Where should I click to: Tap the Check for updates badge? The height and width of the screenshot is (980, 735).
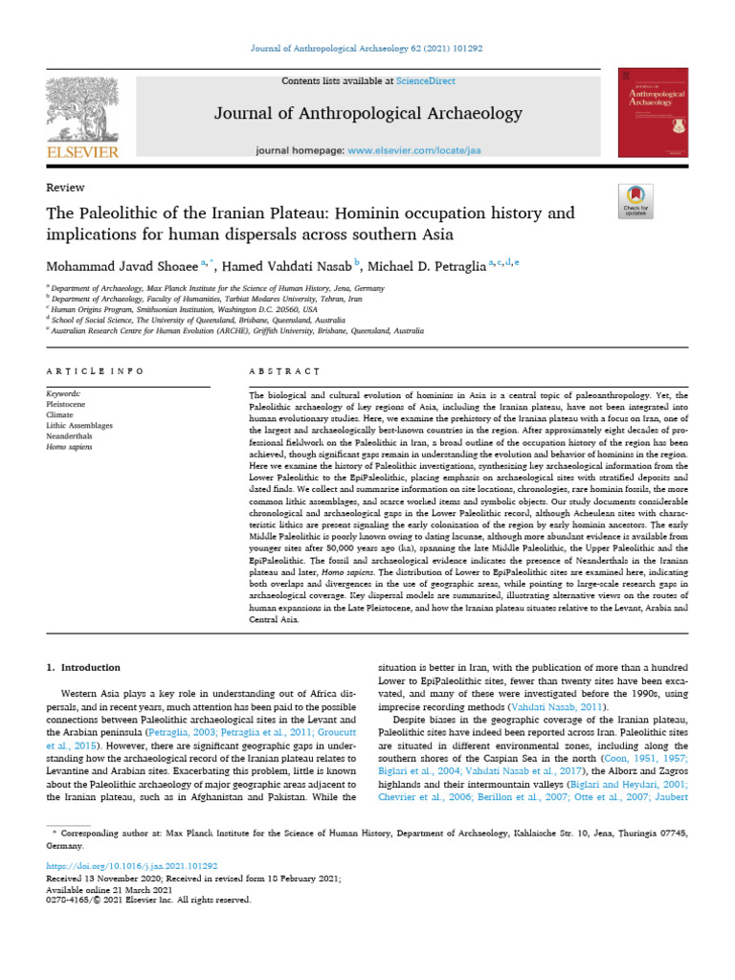coord(636,200)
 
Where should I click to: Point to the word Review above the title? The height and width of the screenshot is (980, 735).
coord(65,188)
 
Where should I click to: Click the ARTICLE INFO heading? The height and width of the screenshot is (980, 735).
coord(95,370)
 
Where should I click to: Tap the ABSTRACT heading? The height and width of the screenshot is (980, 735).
coord(284,370)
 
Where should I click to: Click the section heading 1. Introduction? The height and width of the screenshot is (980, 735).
coord(83,666)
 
